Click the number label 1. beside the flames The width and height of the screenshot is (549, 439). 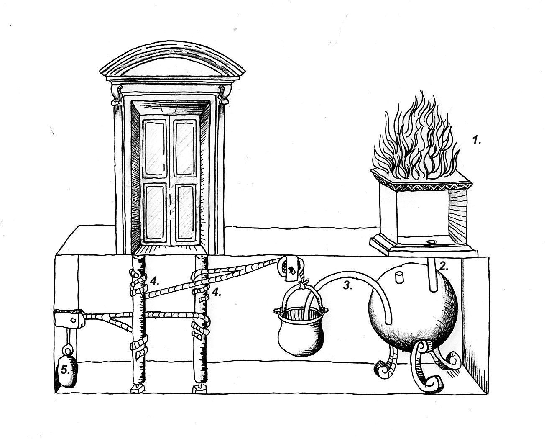tap(477, 141)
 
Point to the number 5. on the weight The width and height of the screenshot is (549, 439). tap(65, 370)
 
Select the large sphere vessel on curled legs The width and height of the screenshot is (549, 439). tap(414, 310)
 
